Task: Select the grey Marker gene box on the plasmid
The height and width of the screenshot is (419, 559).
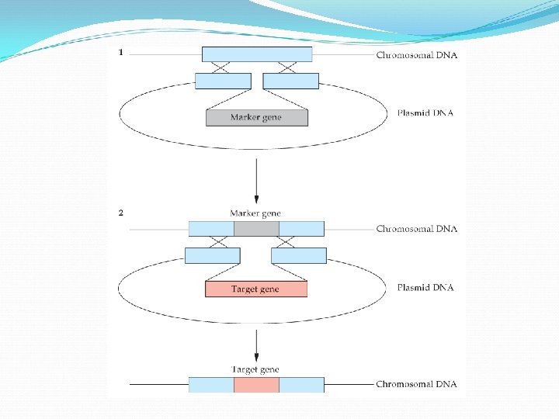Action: point(256,118)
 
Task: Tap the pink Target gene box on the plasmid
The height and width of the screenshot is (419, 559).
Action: point(255,289)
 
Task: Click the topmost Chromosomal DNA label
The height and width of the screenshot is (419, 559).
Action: point(416,55)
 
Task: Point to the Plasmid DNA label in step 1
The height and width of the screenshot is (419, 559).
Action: point(425,113)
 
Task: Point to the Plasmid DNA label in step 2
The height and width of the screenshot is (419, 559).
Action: point(425,287)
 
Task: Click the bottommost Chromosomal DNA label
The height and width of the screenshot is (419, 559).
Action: point(416,384)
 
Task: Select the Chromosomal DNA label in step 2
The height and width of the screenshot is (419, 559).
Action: point(416,229)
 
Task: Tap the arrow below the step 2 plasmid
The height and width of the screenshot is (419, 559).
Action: point(256,345)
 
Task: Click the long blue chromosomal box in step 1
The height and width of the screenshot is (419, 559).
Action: point(257,54)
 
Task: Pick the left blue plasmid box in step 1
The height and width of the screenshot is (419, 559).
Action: point(223,81)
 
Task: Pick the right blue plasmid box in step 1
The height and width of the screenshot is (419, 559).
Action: point(291,81)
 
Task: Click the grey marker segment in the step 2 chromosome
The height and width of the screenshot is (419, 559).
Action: point(256,229)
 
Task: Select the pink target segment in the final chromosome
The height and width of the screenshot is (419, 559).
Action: point(256,384)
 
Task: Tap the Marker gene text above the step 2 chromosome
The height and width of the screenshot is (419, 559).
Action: point(255,213)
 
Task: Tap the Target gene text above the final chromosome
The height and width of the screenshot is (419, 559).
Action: point(255,370)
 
